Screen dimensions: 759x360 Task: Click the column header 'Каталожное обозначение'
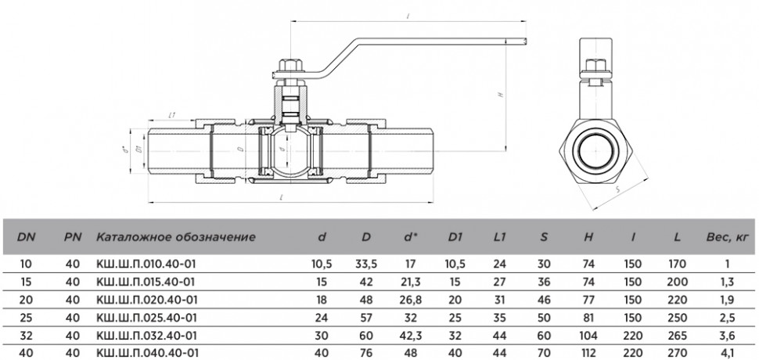click(x=175, y=237)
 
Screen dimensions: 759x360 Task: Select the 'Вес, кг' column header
click(x=727, y=237)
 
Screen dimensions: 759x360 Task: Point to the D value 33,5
click(x=366, y=265)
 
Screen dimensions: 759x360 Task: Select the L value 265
click(x=677, y=335)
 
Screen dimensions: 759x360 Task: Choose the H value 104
click(x=588, y=335)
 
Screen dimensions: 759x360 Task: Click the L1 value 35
click(x=500, y=318)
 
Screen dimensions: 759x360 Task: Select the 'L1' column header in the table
click(x=499, y=237)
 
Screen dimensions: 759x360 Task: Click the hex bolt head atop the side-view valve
click(x=594, y=65)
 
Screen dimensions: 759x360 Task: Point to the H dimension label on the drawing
click(x=502, y=95)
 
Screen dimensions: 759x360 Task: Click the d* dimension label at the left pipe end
click(x=124, y=150)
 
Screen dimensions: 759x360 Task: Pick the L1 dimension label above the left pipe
click(x=171, y=115)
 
